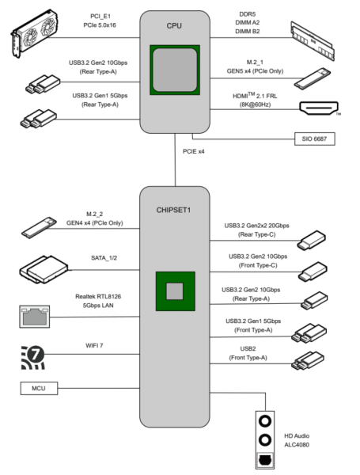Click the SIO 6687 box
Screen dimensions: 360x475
[315, 139]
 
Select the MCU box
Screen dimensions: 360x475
[39, 388]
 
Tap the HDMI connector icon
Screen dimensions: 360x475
[319, 108]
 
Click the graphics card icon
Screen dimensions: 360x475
[35, 32]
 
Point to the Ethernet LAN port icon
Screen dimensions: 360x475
[35, 317]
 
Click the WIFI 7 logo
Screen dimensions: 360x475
[33, 358]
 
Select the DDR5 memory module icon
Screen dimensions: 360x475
[313, 41]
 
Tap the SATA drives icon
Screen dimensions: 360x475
[44, 269]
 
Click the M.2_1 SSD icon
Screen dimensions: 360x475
[313, 78]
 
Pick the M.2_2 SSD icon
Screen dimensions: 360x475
[40, 227]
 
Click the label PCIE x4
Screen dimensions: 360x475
[194, 151]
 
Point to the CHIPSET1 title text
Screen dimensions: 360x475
[173, 210]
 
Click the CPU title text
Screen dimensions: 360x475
[174, 26]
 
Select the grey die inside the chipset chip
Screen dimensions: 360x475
[175, 291]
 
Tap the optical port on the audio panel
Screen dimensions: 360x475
[265, 460]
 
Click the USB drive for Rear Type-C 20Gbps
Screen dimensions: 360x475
[312, 240]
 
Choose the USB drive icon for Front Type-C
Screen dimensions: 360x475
[313, 272]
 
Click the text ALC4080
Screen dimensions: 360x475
[297, 445]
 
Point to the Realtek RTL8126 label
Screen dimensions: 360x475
[98, 296]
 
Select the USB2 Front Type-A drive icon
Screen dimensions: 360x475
[308, 360]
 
